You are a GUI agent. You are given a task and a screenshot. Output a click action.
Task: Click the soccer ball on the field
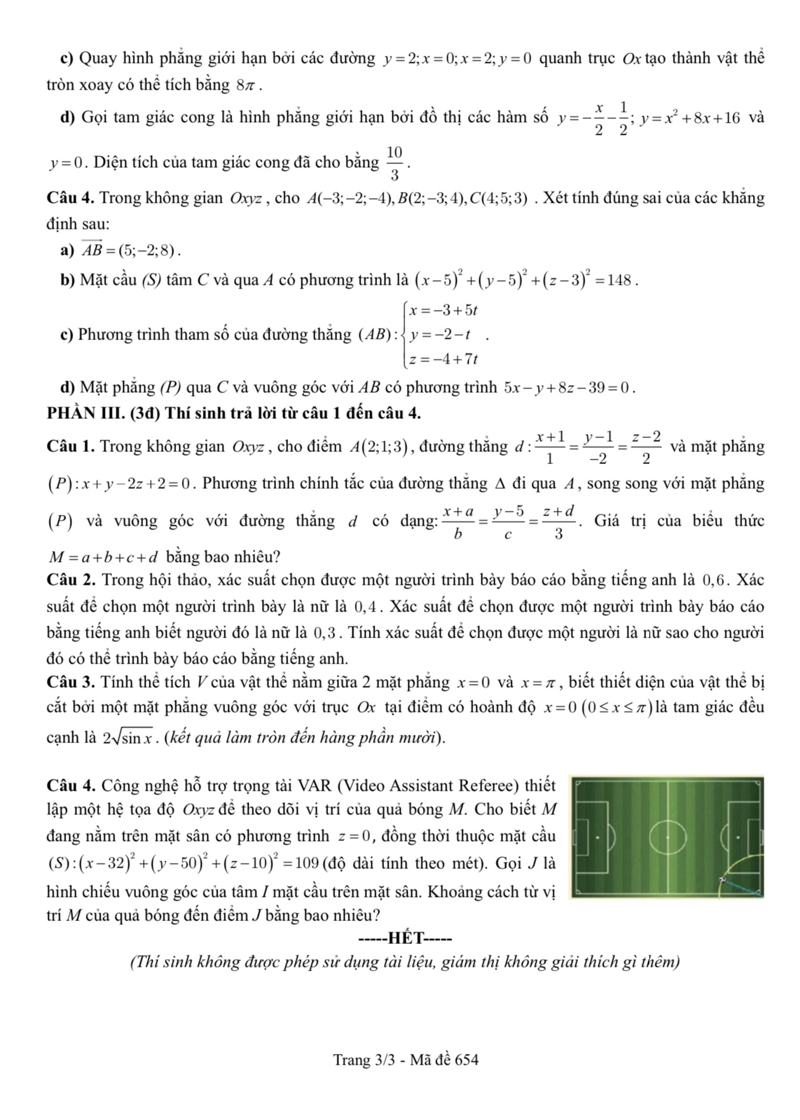click(x=722, y=880)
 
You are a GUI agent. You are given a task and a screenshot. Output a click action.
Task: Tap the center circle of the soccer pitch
click(x=668, y=837)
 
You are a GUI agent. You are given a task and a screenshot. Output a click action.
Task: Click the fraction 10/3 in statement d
click(x=394, y=163)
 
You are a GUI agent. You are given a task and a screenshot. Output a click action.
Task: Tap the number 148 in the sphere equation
click(x=620, y=280)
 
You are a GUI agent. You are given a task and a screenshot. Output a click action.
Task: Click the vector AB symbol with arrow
click(x=92, y=250)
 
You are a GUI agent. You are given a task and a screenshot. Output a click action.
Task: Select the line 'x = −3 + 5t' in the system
click(x=443, y=311)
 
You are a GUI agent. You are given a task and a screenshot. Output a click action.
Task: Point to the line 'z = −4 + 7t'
click(x=443, y=359)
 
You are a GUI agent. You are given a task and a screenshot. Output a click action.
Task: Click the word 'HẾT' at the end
click(x=405, y=938)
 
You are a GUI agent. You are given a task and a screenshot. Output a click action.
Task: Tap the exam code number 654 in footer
click(x=467, y=1060)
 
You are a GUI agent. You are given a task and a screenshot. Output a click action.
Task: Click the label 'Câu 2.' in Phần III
click(x=71, y=580)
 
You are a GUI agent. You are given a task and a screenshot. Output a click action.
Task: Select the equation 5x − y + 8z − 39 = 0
click(x=568, y=388)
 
